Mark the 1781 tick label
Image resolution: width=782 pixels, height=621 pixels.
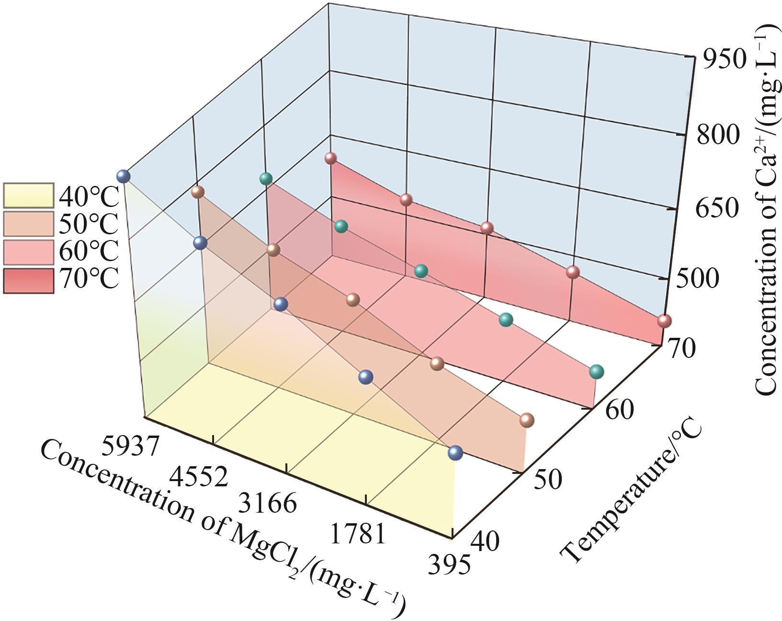357,533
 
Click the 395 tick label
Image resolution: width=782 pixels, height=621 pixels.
448,565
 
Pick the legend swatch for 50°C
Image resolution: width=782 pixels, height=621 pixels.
28,223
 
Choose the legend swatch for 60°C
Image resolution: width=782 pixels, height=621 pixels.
28,252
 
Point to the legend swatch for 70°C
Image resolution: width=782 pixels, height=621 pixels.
28,280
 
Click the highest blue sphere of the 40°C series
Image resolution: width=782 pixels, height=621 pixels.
124,176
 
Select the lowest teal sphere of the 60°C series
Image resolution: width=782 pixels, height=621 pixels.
596,371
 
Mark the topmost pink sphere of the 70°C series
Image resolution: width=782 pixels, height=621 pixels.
330,158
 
